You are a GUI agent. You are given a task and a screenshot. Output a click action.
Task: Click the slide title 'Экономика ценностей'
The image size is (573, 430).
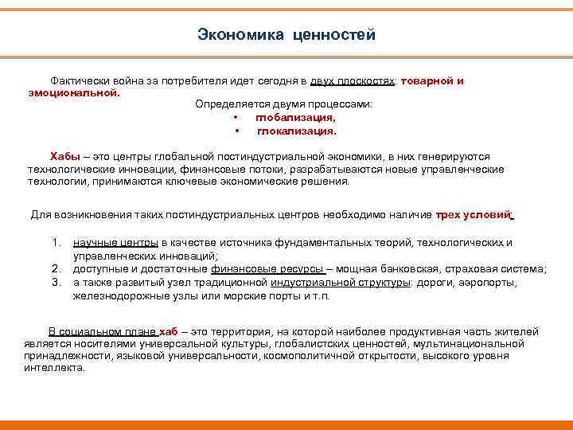(286, 35)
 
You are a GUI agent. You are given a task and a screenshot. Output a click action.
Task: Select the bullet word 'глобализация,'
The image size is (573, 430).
(295, 118)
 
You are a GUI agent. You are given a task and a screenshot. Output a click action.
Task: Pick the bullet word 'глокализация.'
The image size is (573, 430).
(296, 131)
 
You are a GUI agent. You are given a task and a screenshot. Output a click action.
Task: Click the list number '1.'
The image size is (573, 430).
(57, 243)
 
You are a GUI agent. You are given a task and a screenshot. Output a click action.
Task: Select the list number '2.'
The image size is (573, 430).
(57, 269)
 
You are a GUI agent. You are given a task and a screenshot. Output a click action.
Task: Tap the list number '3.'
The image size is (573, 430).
(57, 282)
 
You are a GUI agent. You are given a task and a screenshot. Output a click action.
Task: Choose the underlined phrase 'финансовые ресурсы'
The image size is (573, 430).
(267, 269)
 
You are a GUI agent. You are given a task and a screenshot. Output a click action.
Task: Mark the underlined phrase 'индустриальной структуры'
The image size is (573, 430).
(340, 282)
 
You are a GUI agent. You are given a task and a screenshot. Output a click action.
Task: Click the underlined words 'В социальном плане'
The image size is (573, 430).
(103, 331)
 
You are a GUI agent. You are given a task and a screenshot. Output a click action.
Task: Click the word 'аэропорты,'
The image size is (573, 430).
(489, 282)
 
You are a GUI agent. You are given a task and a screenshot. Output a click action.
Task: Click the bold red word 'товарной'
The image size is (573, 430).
(428, 81)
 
